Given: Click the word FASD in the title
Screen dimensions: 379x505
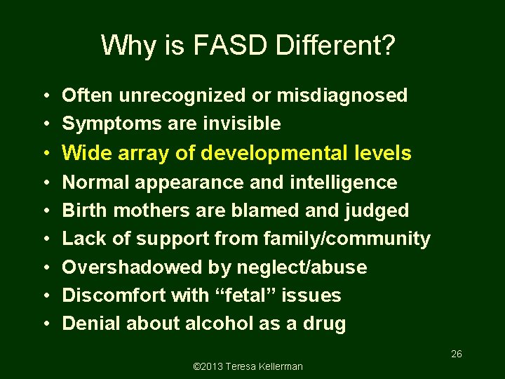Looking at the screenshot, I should click(227, 46).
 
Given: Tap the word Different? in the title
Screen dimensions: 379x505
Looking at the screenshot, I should click(337, 46).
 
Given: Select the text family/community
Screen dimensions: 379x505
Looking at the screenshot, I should click(346, 239).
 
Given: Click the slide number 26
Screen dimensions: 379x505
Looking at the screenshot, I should click(456, 354).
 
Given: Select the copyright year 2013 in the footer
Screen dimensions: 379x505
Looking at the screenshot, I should click(209, 366).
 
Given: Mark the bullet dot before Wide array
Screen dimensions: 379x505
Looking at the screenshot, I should click(45, 154).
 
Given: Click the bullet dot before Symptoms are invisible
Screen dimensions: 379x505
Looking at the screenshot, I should click(45, 124).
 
